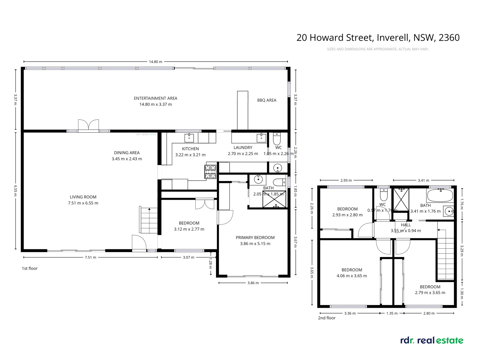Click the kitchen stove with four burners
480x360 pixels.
(x=210, y=172)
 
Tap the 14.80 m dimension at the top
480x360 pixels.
(x=156, y=62)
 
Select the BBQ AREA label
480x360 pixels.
(x=267, y=100)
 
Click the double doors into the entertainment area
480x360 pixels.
(x=89, y=125)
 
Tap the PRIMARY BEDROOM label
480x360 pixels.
(x=255, y=238)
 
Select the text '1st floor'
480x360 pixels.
(x=30, y=268)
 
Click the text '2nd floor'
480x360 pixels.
(x=327, y=318)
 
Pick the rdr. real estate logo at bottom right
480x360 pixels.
(x=432, y=340)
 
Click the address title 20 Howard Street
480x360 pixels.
(x=378, y=38)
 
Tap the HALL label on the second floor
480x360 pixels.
(x=406, y=225)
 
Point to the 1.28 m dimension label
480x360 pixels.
(x=210, y=262)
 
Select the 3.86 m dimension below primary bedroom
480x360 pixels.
(x=253, y=283)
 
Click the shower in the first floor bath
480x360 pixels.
(x=274, y=199)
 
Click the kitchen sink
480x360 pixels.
(x=189, y=137)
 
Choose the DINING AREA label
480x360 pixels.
(x=127, y=153)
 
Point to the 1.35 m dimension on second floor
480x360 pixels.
(x=392, y=313)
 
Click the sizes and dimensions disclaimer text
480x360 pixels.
(x=378, y=49)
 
